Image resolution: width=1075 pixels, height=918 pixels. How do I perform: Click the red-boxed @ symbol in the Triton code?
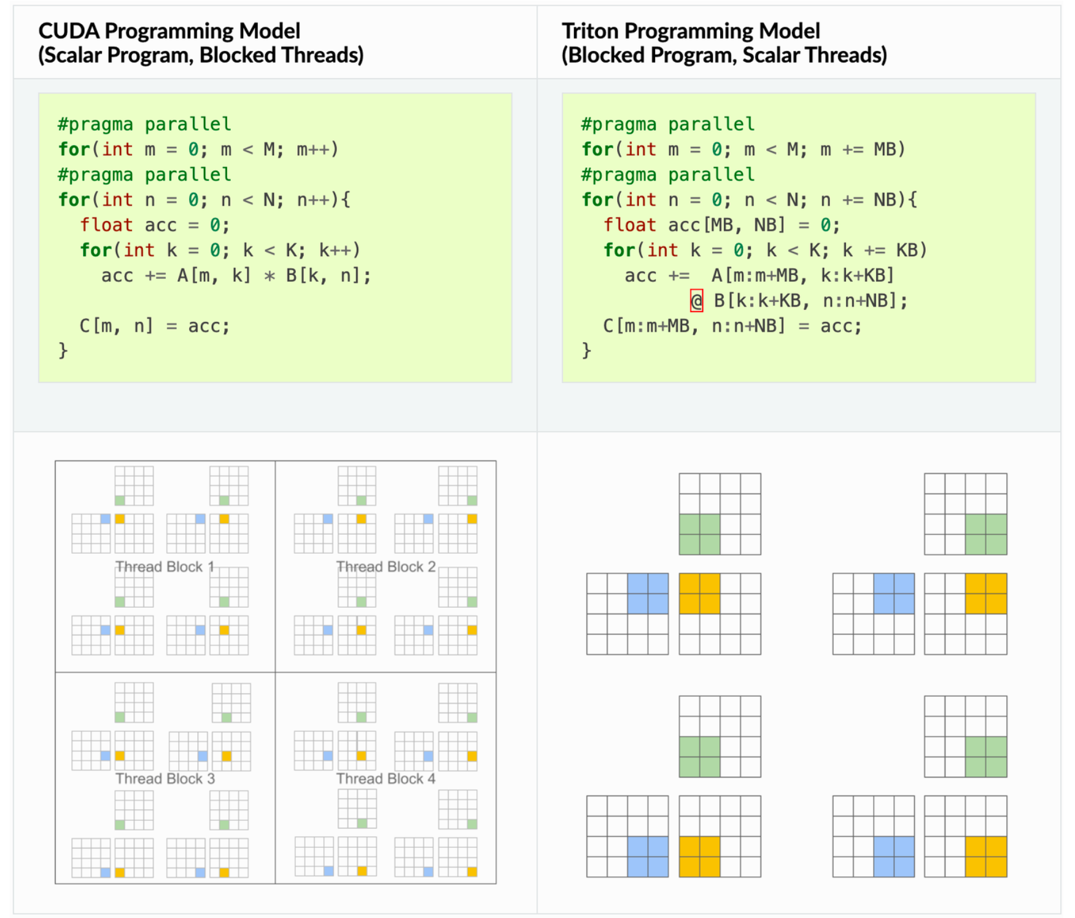tap(696, 301)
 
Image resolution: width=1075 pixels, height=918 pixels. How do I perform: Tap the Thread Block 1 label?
tap(165, 567)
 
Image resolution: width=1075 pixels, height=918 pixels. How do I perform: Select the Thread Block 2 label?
tap(386, 567)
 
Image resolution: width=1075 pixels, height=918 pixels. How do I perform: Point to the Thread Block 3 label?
tap(165, 779)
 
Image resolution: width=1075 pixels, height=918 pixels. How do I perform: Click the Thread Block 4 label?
tap(386, 779)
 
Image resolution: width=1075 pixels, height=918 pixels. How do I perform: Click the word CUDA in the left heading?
tap(69, 31)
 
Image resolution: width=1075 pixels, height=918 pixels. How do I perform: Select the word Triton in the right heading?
tap(590, 31)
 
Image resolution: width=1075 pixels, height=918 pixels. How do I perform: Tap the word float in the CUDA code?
tap(106, 225)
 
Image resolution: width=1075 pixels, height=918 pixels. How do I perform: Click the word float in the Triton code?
tap(630, 225)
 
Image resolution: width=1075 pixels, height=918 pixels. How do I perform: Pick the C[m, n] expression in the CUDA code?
tap(116, 326)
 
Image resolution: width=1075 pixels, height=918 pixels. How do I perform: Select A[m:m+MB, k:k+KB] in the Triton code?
tap(802, 276)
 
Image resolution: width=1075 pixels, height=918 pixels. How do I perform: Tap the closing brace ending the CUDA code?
tap(63, 351)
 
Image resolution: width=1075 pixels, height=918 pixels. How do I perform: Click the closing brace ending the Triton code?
tap(586, 351)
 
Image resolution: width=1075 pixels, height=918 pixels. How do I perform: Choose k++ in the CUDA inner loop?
tap(335, 251)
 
